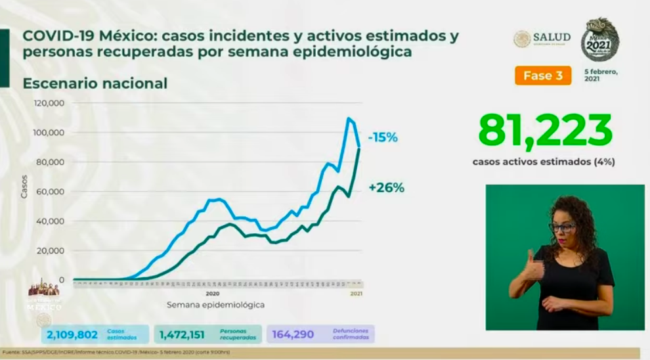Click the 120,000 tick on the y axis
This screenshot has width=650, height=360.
click(49, 103)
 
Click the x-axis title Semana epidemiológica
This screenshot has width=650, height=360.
click(215, 305)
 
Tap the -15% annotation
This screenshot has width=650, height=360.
click(383, 138)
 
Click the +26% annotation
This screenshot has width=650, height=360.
click(386, 187)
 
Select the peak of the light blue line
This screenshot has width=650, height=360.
click(349, 118)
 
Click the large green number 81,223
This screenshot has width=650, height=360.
click(545, 131)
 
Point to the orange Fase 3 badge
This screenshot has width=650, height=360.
click(542, 76)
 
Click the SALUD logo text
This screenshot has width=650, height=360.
click(551, 37)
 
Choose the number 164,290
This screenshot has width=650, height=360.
click(293, 334)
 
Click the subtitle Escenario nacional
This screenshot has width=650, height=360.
click(95, 83)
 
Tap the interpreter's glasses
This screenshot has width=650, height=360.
click(563, 227)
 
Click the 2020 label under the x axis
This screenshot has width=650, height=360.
click(212, 294)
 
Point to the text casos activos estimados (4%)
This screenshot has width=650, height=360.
click(543, 161)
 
